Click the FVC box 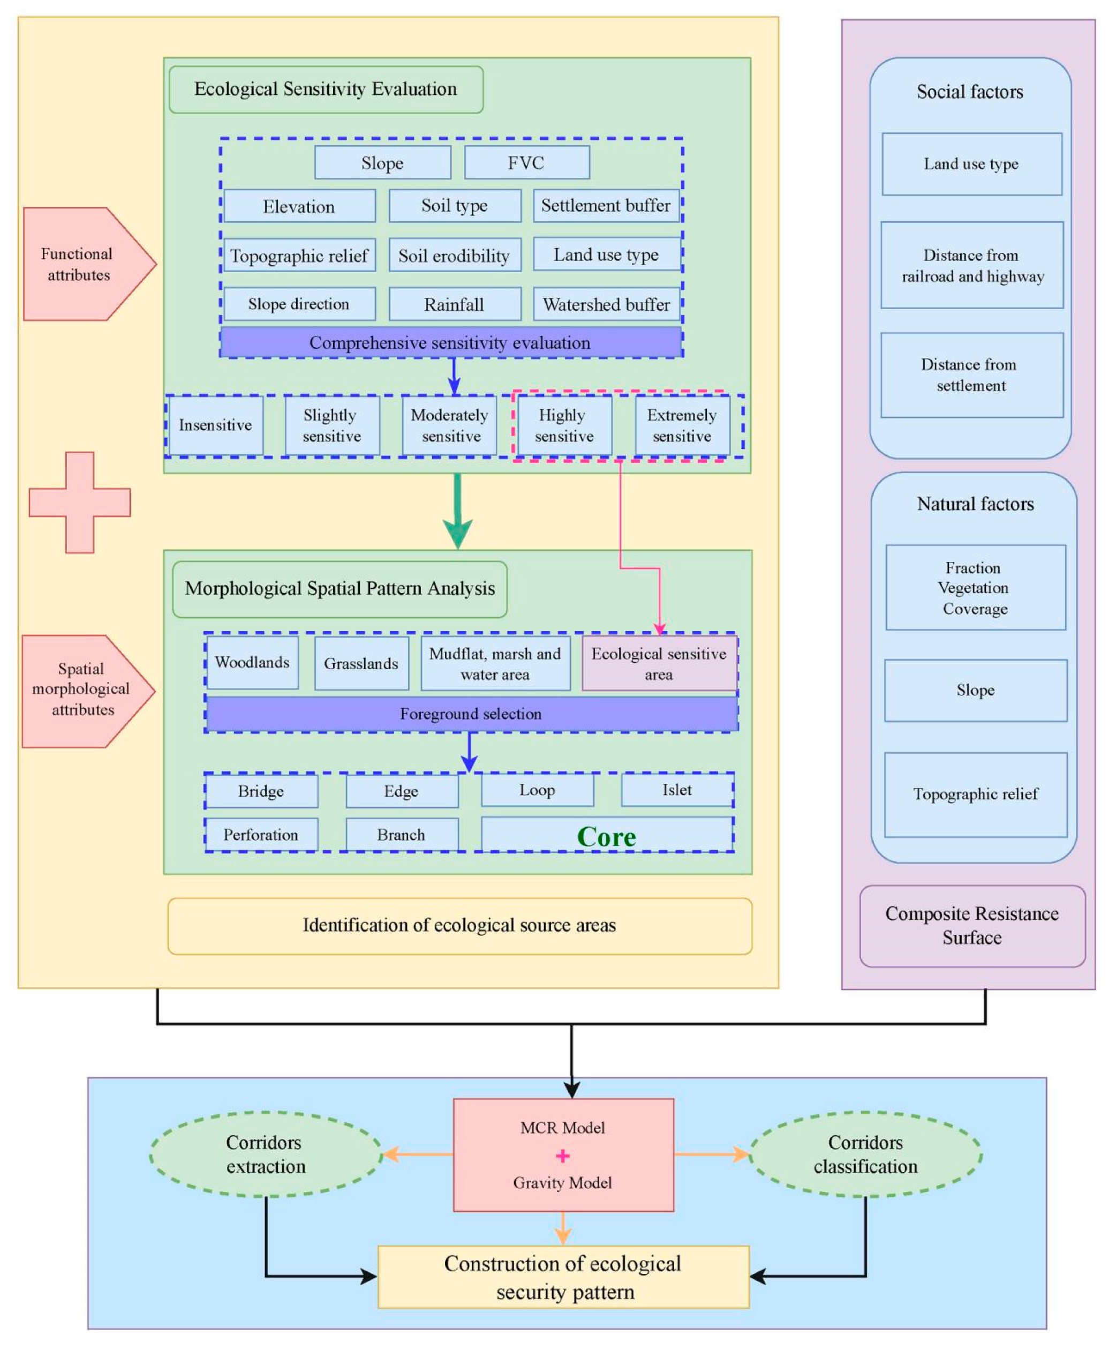526,162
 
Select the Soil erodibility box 454,255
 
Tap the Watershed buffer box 606,304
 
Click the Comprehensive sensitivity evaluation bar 450,343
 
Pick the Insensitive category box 215,425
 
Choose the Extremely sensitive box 682,425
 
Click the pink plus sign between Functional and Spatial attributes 80,502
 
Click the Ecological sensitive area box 659,664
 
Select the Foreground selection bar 471,714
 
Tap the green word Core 606,836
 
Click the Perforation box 261,835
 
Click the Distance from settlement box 971,375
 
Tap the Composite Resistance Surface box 972,926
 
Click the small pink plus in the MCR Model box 563,1156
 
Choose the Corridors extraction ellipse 266,1154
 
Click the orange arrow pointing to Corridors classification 712,1154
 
